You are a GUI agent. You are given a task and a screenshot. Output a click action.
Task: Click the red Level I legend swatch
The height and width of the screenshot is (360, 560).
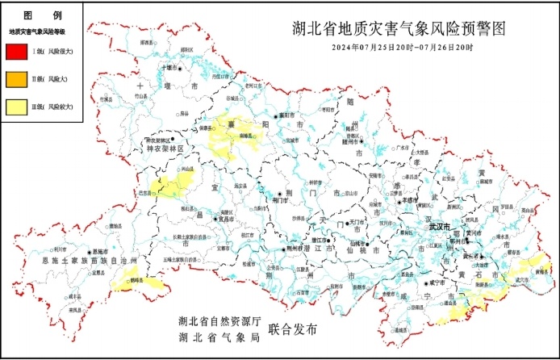coord(17,52)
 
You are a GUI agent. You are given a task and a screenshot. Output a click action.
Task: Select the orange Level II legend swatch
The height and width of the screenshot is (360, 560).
coord(17,79)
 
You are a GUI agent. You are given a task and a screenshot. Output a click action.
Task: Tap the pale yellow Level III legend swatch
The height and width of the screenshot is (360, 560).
coord(17,106)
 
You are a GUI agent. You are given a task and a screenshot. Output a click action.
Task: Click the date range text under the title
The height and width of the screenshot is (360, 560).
coord(402,48)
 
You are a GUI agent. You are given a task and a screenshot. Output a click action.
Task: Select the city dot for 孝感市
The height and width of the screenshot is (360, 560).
coord(401,199)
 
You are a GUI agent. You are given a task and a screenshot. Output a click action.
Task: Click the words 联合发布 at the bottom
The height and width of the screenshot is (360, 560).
coord(294,330)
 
